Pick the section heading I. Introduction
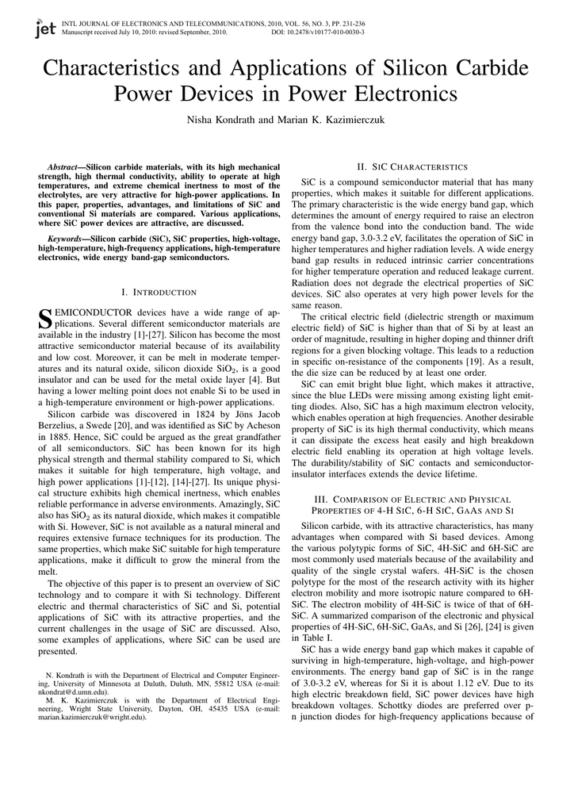pos(159,292)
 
